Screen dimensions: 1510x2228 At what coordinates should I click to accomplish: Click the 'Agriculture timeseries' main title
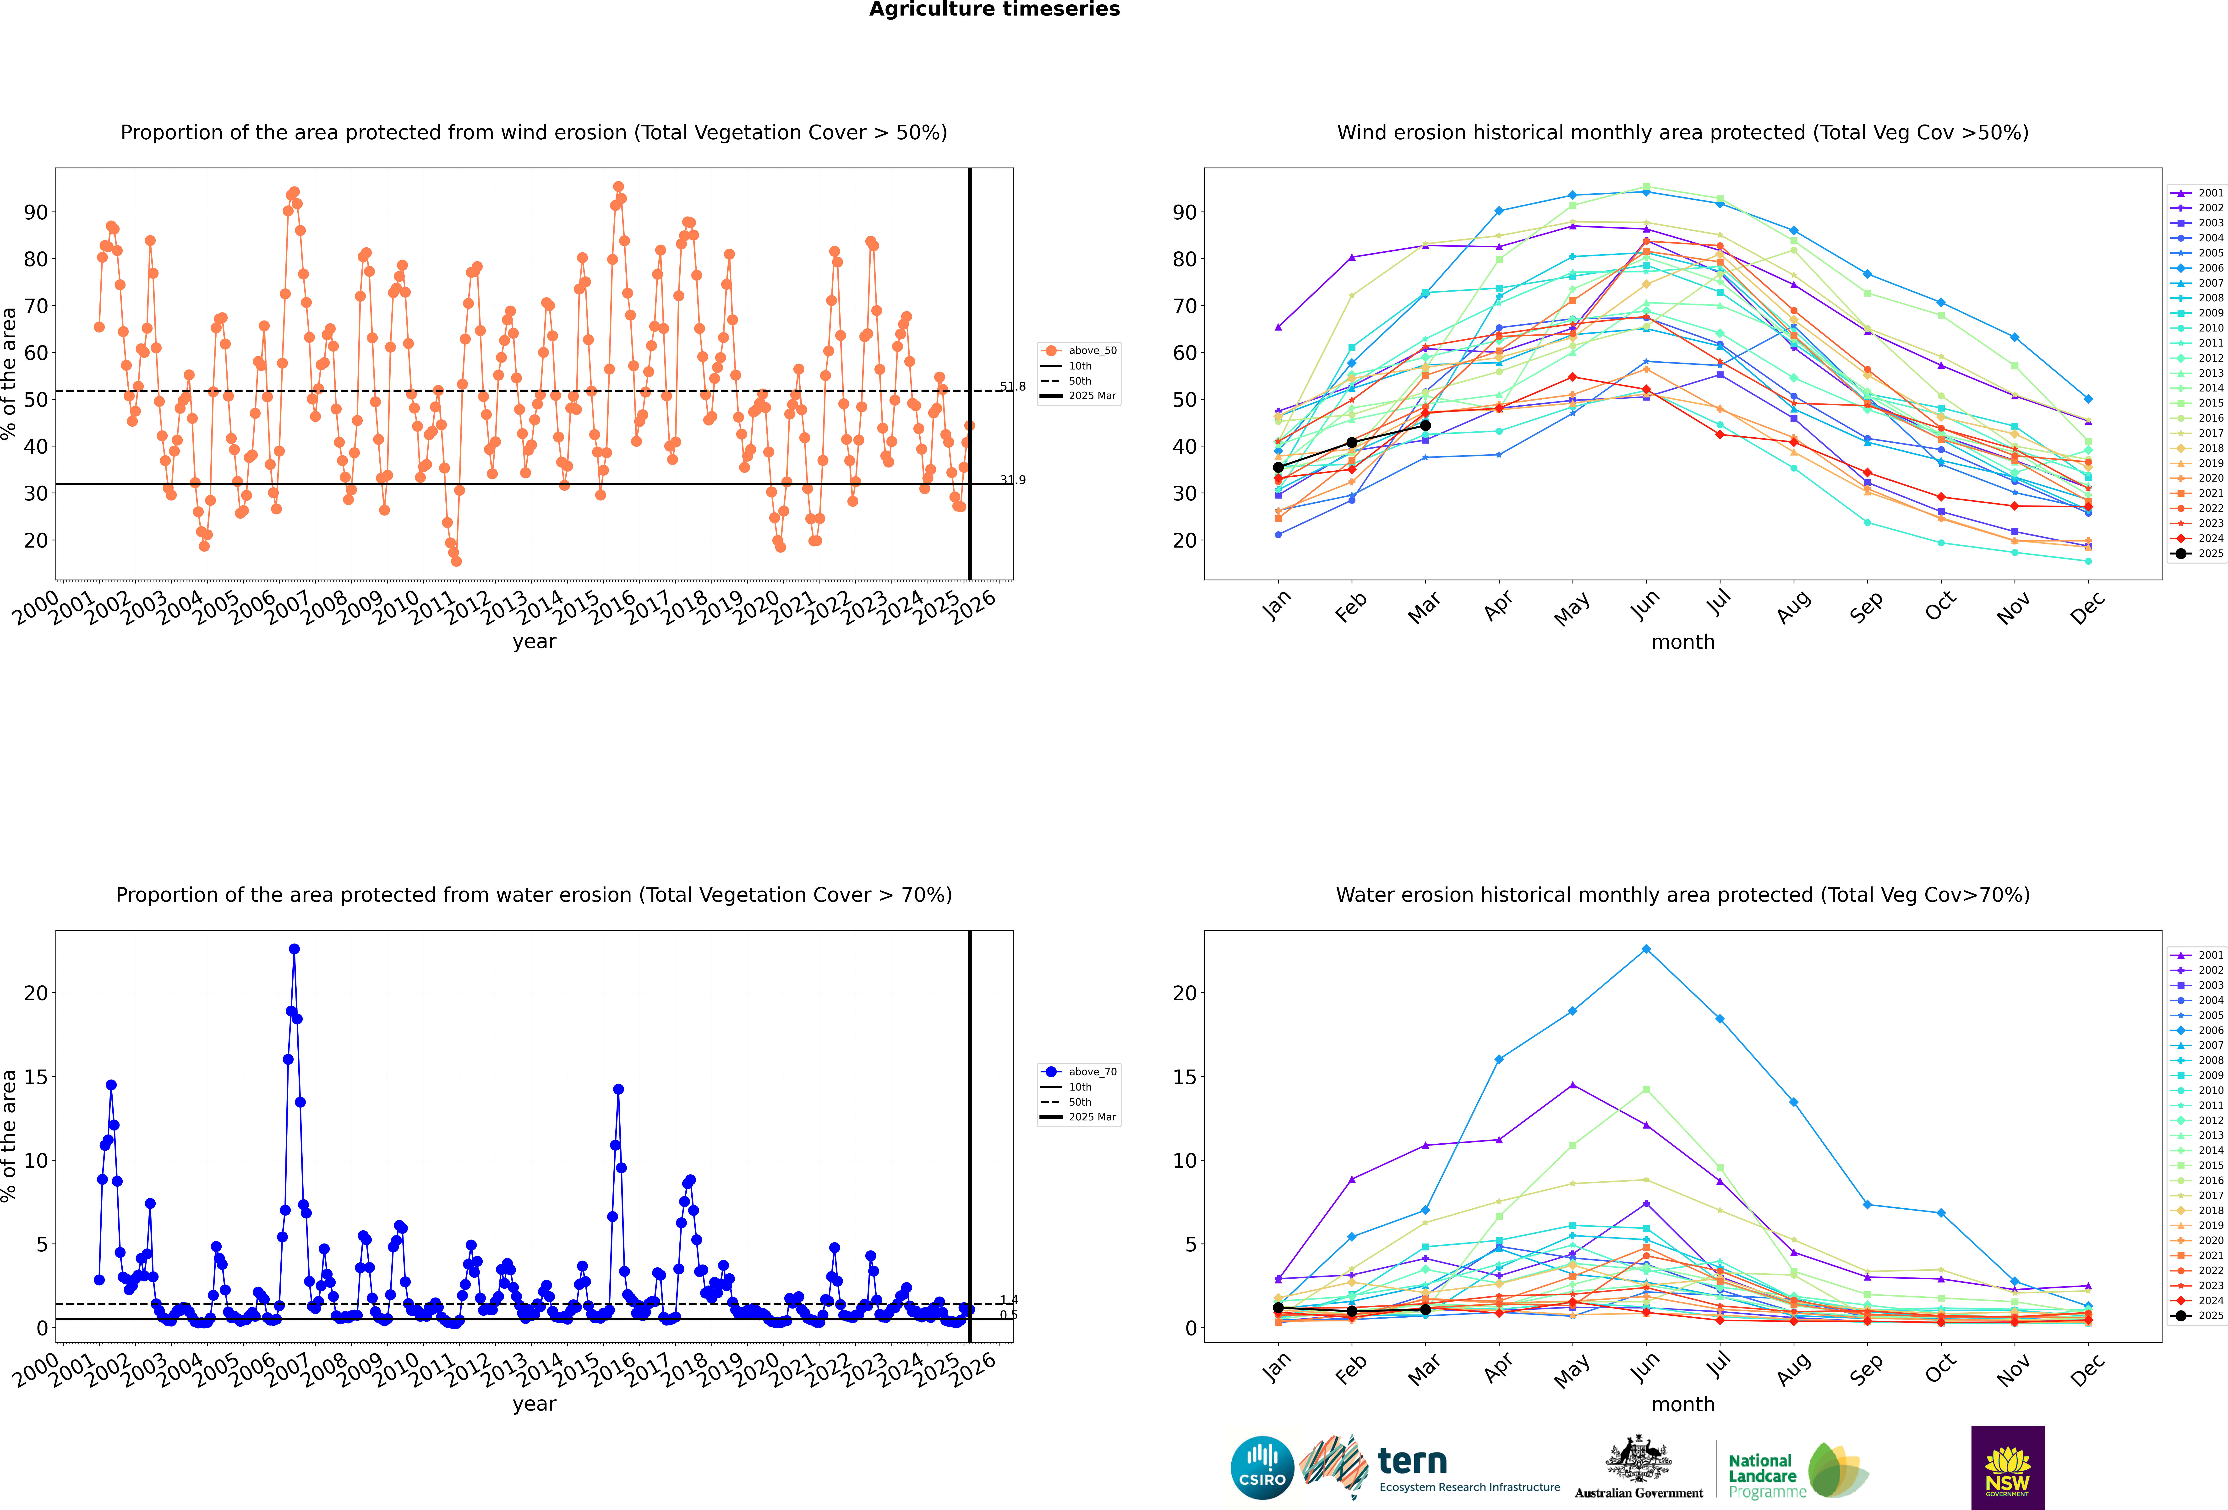click(994, 10)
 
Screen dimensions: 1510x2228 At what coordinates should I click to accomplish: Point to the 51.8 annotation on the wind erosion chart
click(1012, 386)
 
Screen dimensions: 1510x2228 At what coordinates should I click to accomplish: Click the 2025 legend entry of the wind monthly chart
click(2210, 553)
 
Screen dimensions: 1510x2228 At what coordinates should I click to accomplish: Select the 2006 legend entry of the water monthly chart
click(2210, 1030)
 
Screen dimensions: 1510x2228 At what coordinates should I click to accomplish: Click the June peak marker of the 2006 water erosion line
click(1646, 949)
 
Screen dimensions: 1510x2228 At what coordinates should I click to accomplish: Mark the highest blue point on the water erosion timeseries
click(294, 949)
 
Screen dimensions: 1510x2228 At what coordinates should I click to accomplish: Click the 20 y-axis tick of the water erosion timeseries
click(35, 993)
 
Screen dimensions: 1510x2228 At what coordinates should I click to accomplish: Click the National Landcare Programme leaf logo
click(1838, 1470)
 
